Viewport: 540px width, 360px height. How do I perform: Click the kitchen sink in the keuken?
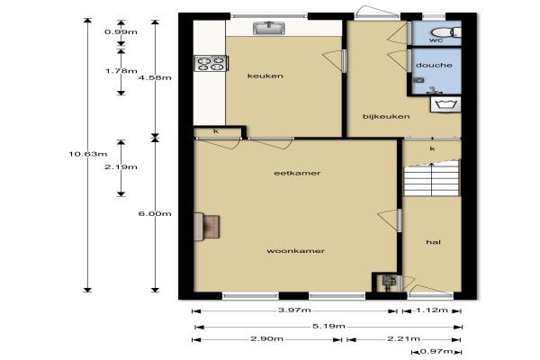[269, 28]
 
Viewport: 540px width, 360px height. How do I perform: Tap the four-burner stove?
[211, 63]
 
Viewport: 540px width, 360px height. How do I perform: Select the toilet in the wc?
[445, 32]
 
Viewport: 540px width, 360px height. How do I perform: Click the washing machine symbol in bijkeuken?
[445, 104]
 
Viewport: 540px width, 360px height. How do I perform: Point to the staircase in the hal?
[432, 178]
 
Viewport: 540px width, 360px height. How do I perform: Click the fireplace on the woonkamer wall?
[207, 227]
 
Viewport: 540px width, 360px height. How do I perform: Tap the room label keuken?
[265, 76]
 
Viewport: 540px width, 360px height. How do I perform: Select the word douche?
[434, 65]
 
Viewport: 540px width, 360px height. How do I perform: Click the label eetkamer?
[297, 173]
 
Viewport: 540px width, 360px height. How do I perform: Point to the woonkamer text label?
[295, 251]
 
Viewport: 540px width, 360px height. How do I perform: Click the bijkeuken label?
[386, 116]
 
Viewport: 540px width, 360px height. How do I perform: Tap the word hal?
[433, 242]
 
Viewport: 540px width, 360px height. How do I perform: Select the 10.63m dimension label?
[88, 154]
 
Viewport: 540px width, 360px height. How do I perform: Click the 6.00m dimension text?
[155, 213]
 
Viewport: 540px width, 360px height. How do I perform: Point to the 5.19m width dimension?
[328, 326]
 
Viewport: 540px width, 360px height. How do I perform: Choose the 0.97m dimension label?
[436, 351]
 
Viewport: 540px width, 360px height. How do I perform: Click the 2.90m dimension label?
[267, 338]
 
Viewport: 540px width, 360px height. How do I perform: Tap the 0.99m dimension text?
[121, 32]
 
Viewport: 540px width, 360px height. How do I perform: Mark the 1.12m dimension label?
[432, 310]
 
